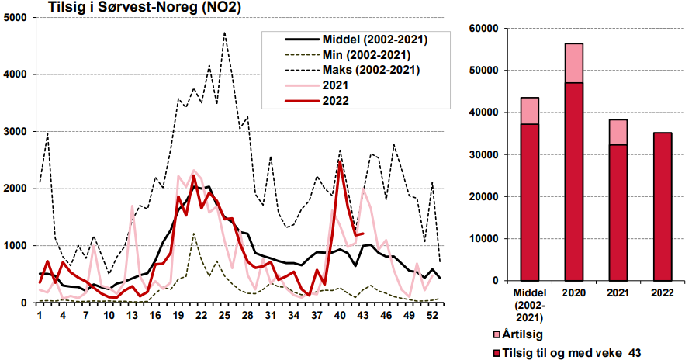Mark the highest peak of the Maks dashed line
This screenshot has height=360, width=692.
click(x=224, y=33)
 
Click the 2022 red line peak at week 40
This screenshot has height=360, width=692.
click(x=341, y=162)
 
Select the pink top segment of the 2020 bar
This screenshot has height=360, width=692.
click(x=573, y=63)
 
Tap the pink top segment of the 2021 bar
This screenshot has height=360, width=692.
click(x=618, y=132)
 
